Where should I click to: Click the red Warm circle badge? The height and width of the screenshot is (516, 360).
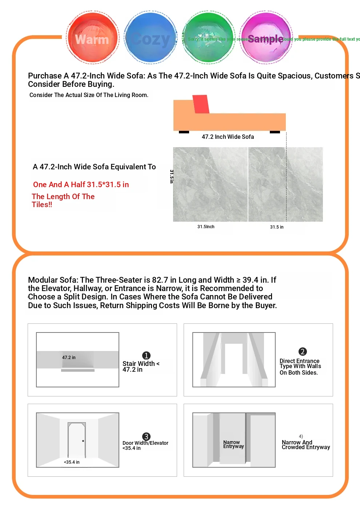click(93, 38)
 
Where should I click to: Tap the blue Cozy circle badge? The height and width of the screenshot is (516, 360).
click(151, 38)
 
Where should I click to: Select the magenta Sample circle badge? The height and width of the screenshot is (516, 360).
click(266, 38)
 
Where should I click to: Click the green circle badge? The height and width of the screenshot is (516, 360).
click(208, 38)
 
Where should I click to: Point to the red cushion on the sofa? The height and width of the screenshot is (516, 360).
click(201, 104)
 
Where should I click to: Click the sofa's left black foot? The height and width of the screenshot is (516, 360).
click(184, 132)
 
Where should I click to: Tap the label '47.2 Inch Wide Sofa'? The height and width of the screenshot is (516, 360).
click(228, 137)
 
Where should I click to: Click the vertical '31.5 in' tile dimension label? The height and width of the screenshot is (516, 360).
click(172, 176)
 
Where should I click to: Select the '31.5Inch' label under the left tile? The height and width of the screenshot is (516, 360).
click(206, 227)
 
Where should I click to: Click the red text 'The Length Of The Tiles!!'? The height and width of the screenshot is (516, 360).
click(63, 200)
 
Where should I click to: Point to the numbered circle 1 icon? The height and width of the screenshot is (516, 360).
click(146, 355)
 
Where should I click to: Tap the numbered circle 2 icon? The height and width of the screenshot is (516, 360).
click(303, 351)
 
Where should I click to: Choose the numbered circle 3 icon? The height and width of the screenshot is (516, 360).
click(146, 436)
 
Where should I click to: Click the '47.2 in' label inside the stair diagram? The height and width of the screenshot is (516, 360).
click(69, 358)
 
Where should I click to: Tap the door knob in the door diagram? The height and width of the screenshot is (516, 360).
click(83, 441)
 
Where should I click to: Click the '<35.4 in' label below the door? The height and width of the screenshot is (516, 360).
click(72, 462)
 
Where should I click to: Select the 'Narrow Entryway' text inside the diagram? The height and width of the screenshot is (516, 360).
click(233, 444)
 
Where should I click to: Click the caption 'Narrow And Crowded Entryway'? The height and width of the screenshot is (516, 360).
click(305, 445)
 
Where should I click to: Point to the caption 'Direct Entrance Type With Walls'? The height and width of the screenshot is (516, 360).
click(300, 364)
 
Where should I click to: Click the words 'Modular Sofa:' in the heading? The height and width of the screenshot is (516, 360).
click(53, 280)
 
